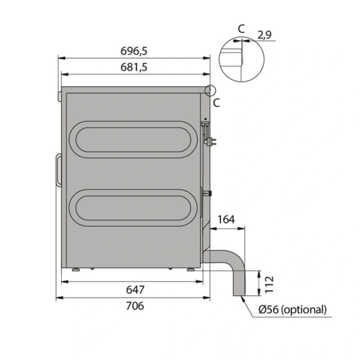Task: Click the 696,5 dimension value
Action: point(134,51)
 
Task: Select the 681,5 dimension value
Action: point(134,67)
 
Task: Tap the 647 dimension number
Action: point(135,290)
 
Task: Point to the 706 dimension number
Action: point(135,306)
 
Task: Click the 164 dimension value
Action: point(226,220)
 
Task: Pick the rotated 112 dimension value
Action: point(269,284)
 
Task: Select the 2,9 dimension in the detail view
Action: point(265,35)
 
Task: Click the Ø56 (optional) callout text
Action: point(292,310)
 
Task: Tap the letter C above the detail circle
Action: point(241,29)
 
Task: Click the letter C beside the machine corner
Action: point(216,103)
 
